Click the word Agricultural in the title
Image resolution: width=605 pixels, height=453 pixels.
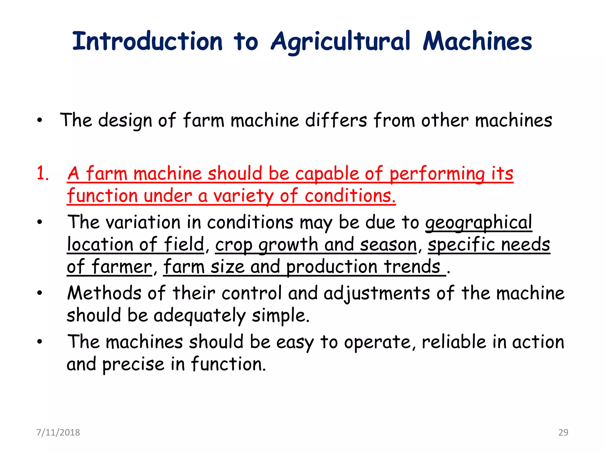tap(341, 42)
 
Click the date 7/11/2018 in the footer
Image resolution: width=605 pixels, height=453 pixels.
tap(58, 432)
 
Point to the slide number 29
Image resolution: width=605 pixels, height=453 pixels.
tap(563, 432)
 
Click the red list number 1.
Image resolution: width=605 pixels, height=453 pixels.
tap(43, 173)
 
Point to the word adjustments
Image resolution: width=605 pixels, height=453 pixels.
tap(377, 294)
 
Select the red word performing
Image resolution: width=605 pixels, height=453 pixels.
tap(437, 174)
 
